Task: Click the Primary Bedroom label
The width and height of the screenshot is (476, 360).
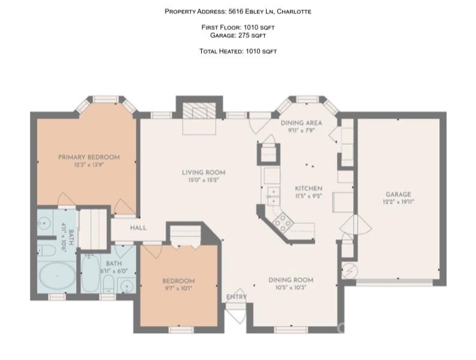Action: [x=88, y=157]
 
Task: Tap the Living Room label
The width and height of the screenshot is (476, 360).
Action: [x=203, y=173]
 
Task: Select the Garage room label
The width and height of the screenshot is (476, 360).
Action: [x=398, y=194]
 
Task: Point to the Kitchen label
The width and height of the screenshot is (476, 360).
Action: [x=308, y=188]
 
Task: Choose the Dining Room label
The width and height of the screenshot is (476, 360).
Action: [x=291, y=280]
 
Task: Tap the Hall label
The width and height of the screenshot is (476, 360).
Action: [x=138, y=228]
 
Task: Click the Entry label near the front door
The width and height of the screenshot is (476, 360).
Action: [x=236, y=297]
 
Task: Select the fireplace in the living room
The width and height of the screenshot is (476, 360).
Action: [x=199, y=111]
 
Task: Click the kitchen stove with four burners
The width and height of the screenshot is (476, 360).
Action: [x=283, y=223]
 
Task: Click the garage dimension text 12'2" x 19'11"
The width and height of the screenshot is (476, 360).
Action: [x=398, y=202]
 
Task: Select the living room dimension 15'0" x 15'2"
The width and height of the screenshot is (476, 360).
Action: [x=203, y=180]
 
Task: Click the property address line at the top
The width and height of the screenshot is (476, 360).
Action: [x=238, y=11]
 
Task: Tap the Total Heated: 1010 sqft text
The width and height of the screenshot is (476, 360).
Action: [x=238, y=52]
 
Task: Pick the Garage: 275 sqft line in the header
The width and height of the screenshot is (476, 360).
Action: [x=238, y=35]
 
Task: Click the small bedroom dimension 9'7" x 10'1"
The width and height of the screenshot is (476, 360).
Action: [x=178, y=288]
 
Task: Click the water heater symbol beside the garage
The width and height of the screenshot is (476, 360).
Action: [x=349, y=269]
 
